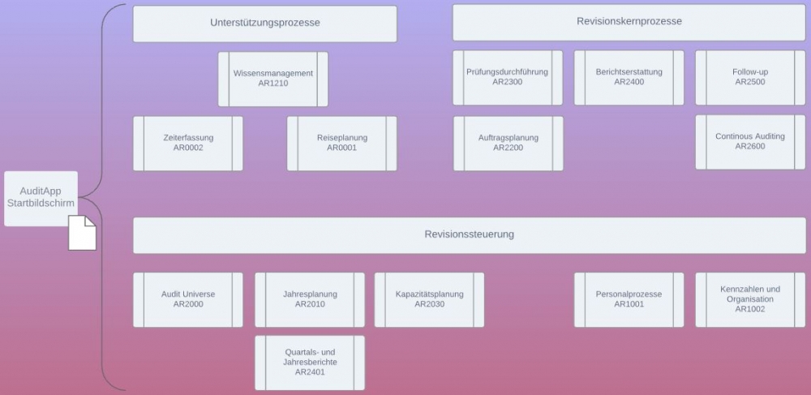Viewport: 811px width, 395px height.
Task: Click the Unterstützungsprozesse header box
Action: [x=264, y=24]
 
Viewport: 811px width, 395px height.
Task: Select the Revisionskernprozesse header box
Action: [x=629, y=22]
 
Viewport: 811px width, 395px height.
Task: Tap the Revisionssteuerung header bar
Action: [x=469, y=234]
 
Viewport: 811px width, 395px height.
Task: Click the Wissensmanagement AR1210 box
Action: [x=272, y=79]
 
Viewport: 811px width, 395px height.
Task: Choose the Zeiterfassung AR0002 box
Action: [x=187, y=144]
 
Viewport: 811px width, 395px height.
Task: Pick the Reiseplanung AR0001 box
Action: [x=341, y=144]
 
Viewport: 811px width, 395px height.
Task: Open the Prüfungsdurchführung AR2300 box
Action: [x=507, y=77]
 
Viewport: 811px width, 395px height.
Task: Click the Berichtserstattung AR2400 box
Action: [x=629, y=77]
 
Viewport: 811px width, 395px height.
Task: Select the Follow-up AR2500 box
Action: [x=749, y=77]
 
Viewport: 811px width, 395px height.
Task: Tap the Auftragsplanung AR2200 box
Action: [x=508, y=144]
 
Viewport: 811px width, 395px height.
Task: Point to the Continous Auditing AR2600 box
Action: [x=749, y=142]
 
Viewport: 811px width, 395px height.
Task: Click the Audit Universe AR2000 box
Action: [x=187, y=299]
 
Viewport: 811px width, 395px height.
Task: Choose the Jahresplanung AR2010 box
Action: [x=310, y=299]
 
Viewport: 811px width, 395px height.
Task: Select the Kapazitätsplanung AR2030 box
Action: [x=429, y=299]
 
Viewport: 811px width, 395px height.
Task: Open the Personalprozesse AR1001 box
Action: [x=629, y=299]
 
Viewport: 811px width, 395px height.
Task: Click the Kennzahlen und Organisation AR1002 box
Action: [x=749, y=299]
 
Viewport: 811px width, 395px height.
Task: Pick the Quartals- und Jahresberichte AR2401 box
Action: [x=310, y=363]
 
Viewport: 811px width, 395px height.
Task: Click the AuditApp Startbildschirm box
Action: [x=41, y=197]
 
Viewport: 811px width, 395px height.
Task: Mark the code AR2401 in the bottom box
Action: [x=310, y=372]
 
